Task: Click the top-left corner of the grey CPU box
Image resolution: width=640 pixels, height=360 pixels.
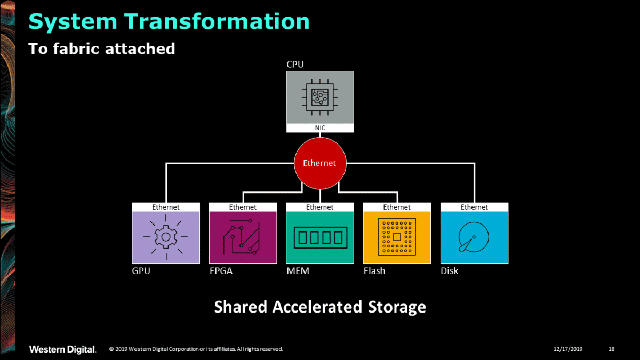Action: point(286,71)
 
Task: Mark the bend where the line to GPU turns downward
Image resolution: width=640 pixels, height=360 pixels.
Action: point(166,163)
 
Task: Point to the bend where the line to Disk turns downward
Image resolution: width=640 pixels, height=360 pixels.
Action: point(475,163)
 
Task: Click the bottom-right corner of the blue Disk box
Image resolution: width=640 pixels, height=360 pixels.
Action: point(508,263)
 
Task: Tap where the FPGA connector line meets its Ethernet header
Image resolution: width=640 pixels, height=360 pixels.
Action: point(243,203)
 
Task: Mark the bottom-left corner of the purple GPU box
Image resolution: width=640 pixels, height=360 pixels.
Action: point(132,263)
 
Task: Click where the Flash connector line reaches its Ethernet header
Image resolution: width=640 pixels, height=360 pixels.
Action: point(397,203)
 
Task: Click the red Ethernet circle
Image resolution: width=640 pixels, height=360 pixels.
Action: point(320,163)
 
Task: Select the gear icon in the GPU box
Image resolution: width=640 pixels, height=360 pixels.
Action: point(166,237)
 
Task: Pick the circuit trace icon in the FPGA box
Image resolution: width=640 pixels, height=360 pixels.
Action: point(242,237)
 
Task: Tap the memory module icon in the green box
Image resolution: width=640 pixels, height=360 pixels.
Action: point(321,237)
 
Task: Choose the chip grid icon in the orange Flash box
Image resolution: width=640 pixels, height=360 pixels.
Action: point(397,237)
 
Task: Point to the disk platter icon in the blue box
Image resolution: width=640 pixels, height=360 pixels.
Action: point(474,237)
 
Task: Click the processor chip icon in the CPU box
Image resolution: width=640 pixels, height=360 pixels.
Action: point(320,97)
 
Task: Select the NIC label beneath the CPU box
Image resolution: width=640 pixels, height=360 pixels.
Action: point(320,127)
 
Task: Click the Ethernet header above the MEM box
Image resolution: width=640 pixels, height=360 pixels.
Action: point(319,207)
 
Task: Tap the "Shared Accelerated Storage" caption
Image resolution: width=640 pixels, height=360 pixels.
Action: point(320,307)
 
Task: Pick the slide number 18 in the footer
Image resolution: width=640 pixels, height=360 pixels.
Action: point(611,349)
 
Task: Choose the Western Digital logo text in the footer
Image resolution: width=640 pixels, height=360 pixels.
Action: point(62,349)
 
